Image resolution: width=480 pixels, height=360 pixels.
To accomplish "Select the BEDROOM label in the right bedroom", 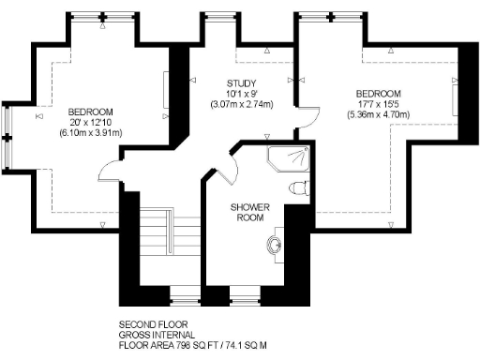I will pyautogui.click(x=378, y=94).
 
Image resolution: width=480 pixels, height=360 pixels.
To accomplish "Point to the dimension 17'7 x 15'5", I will pyautogui.click(x=378, y=104).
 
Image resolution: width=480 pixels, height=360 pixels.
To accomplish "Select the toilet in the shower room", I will pyautogui.click(x=299, y=187).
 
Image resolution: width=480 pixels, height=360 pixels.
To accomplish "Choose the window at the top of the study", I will pyautogui.click(x=218, y=16).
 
